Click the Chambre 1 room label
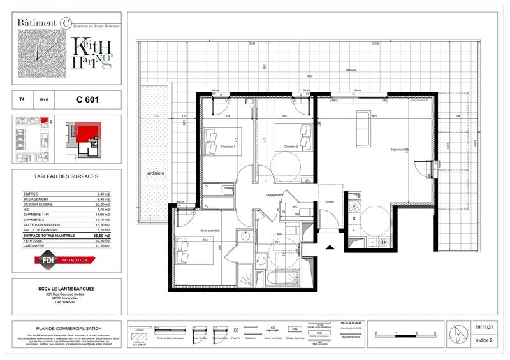(x=228, y=147)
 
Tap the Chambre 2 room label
(x=291, y=147)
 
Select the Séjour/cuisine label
(x=400, y=150)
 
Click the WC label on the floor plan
(x=296, y=206)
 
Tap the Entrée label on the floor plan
(x=330, y=202)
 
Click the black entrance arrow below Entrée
(x=330, y=247)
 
